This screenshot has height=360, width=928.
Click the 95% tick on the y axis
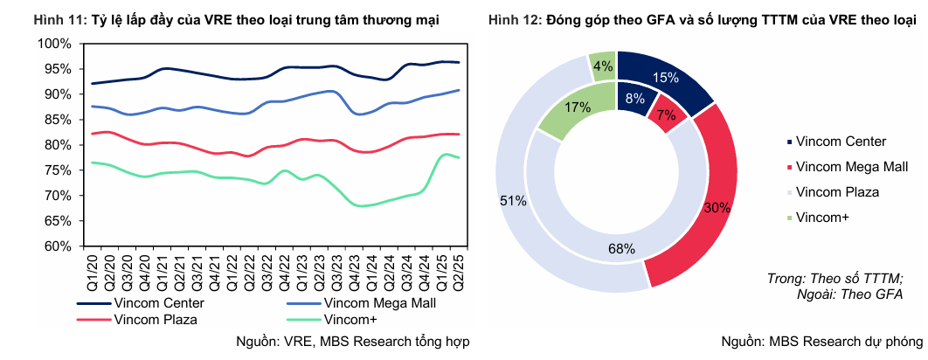coord(58,68)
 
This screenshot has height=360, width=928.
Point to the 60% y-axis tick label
coord(58,246)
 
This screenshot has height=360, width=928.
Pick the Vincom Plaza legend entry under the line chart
coord(156,319)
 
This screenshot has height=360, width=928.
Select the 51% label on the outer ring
coord(513,201)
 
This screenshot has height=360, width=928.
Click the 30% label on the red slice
coord(718,207)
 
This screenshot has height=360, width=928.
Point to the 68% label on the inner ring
coord(621,249)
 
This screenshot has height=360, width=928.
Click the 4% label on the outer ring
coord(602,65)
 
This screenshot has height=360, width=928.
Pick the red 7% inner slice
coord(666,114)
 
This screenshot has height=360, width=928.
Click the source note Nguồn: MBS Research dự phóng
coord(821,341)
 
